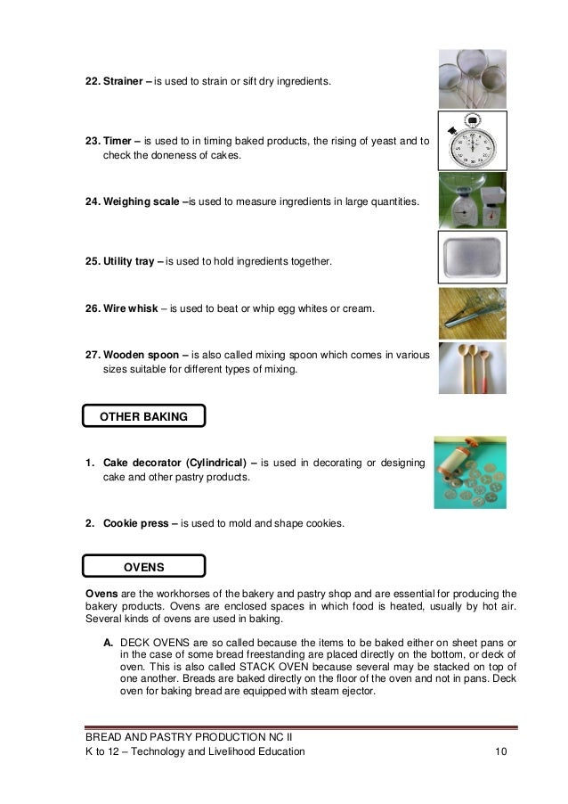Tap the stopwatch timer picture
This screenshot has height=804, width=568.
(x=472, y=141)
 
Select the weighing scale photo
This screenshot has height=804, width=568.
(x=472, y=201)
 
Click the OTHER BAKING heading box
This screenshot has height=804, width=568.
(x=143, y=415)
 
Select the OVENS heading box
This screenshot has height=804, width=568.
(x=143, y=565)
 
